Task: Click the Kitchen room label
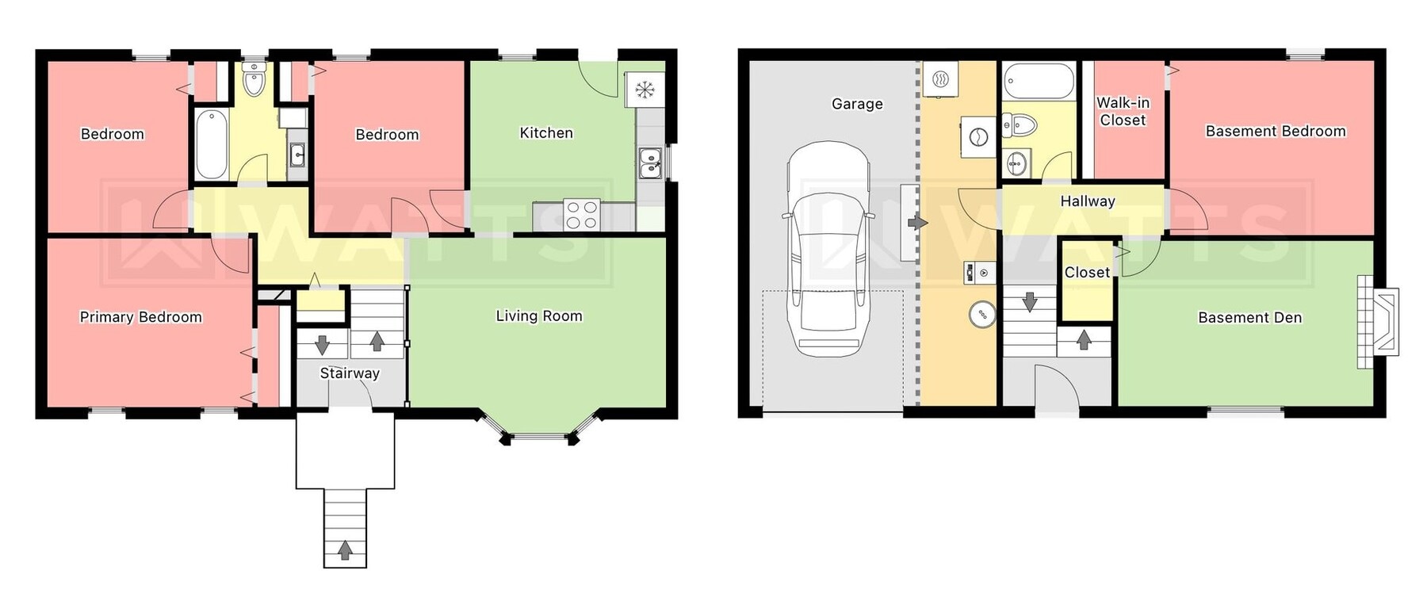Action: click(x=545, y=133)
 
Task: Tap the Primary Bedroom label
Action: click(x=140, y=317)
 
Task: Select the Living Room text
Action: click(x=538, y=316)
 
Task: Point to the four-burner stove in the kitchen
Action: click(x=580, y=215)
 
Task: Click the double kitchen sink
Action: click(x=650, y=164)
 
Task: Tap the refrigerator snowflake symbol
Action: click(x=645, y=90)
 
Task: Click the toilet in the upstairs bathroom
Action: click(x=254, y=79)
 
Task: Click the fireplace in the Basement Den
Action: click(x=1379, y=321)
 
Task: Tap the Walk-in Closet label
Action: click(x=1123, y=112)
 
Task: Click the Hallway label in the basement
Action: click(x=1087, y=201)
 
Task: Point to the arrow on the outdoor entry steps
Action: click(x=345, y=550)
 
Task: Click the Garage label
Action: click(x=856, y=104)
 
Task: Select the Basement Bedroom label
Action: click(x=1275, y=132)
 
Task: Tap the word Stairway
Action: click(x=350, y=373)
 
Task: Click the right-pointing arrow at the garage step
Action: click(x=917, y=223)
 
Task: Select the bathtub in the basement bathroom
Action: click(x=1039, y=81)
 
